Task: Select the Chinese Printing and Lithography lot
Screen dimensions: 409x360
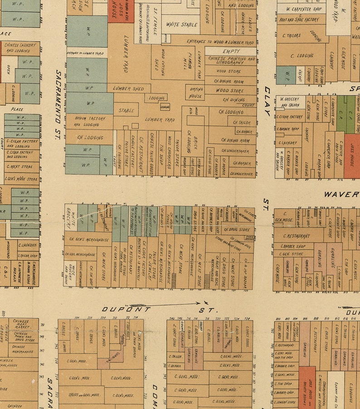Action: pos(232,60)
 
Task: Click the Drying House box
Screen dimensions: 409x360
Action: pos(195,93)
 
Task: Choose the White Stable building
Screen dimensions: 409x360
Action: pos(181,25)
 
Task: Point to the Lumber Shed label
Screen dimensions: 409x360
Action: pos(128,89)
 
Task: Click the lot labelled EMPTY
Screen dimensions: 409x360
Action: pos(231,52)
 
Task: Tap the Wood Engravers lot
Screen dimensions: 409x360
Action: pos(168,150)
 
